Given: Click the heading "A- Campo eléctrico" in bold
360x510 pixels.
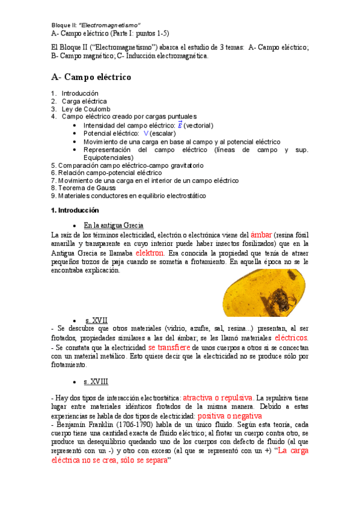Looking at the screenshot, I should click(x=91, y=77).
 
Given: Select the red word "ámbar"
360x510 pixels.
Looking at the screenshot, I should click(x=261, y=234).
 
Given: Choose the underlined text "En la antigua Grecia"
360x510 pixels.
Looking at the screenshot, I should click(x=114, y=225).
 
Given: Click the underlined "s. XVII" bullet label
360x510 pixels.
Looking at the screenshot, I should click(x=96, y=321).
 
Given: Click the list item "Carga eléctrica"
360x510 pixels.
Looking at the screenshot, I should click(x=84, y=101).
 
